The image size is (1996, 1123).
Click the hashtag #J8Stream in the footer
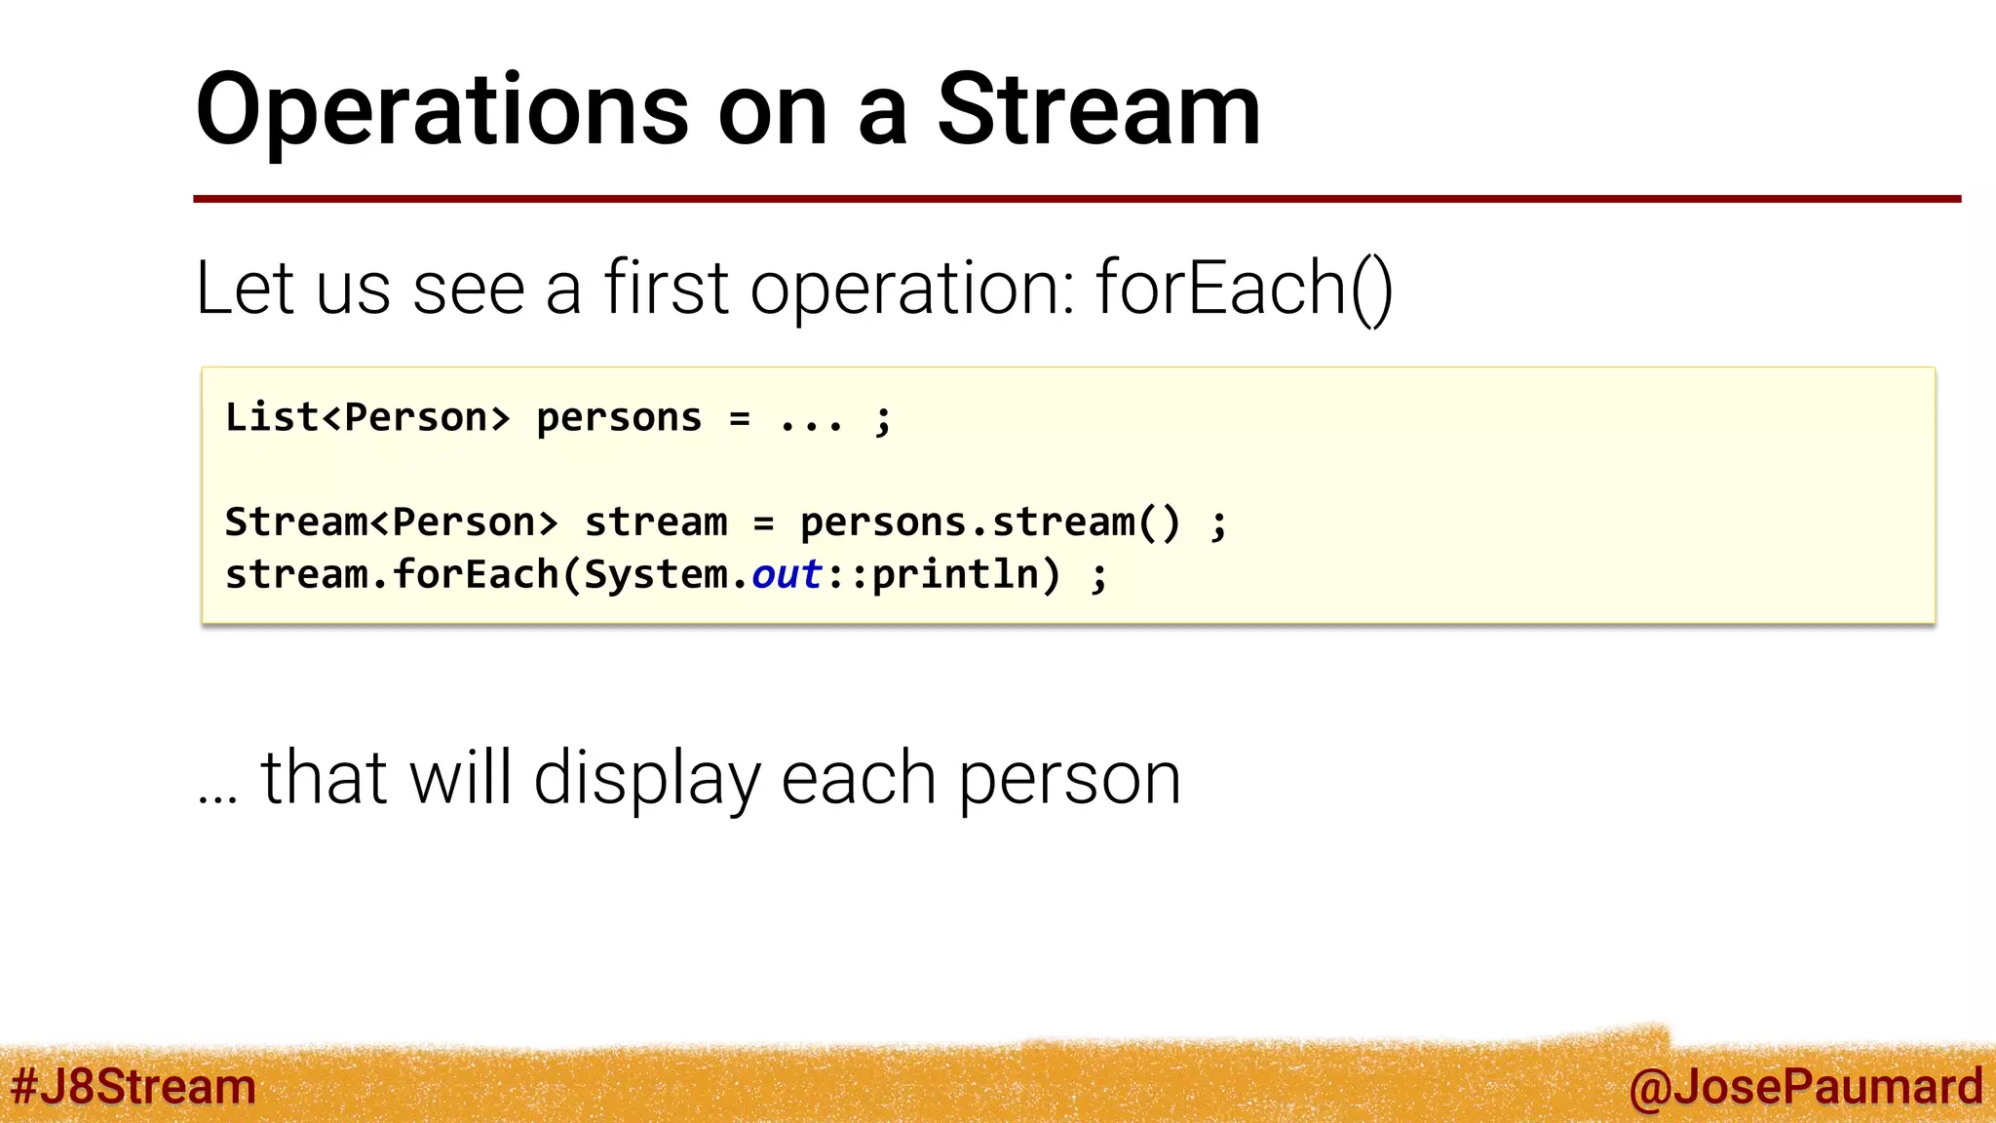[x=133, y=1087]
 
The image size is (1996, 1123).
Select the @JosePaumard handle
[x=1805, y=1087]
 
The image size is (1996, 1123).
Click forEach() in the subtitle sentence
[x=1245, y=289]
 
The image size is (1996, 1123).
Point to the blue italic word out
[x=787, y=574]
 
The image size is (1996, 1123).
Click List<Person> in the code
[x=367, y=417]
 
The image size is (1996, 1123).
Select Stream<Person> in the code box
[x=391, y=523]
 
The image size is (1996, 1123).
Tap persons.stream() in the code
[x=989, y=523]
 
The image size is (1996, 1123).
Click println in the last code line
[x=955, y=574]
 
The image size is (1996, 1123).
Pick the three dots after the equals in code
[x=811, y=421]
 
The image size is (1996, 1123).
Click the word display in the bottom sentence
[x=646, y=779]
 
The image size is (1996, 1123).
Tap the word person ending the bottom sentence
[x=1069, y=781]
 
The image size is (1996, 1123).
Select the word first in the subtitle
[x=667, y=289]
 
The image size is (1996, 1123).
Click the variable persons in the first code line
[x=619, y=419]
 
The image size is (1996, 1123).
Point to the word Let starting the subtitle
[x=244, y=289]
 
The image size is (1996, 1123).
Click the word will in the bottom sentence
[x=460, y=779]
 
